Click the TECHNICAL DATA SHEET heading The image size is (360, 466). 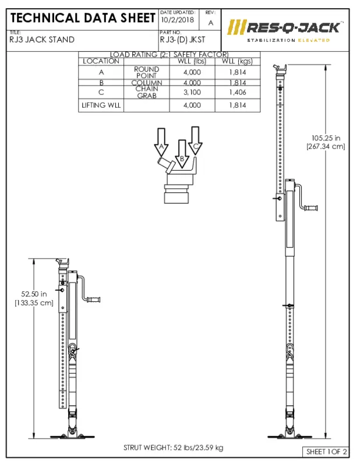pyautogui.click(x=82, y=18)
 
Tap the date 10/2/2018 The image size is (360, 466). pyautogui.click(x=177, y=20)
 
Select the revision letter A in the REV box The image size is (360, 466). pyautogui.click(x=210, y=22)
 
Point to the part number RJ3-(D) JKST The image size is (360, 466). pyautogui.click(x=182, y=40)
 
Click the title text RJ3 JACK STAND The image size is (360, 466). pyautogui.click(x=42, y=40)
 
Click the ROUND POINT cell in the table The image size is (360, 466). pyautogui.click(x=146, y=72)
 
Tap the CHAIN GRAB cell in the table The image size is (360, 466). pyautogui.click(x=146, y=92)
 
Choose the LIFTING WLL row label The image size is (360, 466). pyautogui.click(x=101, y=105)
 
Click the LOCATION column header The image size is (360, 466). pyautogui.click(x=101, y=61)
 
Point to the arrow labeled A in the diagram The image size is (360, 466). pyautogui.click(x=161, y=142)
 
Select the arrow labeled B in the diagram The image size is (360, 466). pyautogui.click(x=182, y=153)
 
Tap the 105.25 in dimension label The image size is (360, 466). pyautogui.click(x=326, y=142)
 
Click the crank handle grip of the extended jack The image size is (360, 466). pyautogui.click(x=312, y=207)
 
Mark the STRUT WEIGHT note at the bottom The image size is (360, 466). pyautogui.click(x=173, y=447)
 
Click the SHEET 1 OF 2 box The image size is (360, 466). pyautogui.click(x=327, y=451)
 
